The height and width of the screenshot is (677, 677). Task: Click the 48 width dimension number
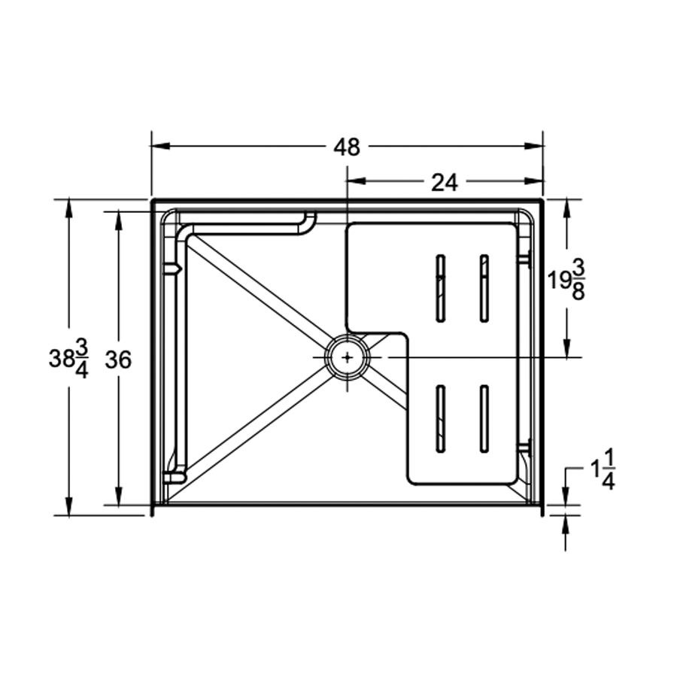[347, 147]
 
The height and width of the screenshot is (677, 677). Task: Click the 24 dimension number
[445, 182]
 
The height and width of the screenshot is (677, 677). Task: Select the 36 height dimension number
[118, 360]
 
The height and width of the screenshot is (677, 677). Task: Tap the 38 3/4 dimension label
[68, 359]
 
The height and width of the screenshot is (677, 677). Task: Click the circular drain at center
[347, 358]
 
